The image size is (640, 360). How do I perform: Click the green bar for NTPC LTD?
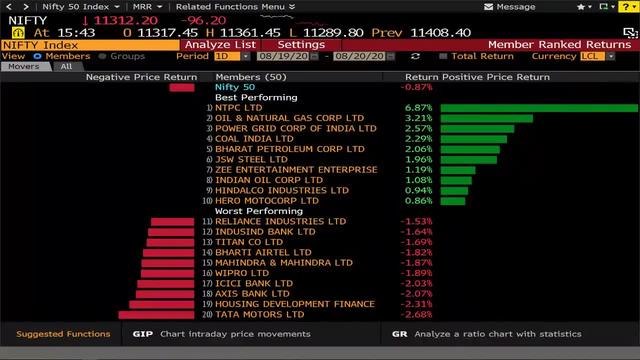(538, 108)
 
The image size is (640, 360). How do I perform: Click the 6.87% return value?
(416, 108)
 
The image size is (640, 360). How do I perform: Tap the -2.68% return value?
(416, 314)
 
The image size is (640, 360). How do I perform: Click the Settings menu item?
(301, 45)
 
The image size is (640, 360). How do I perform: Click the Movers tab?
(24, 67)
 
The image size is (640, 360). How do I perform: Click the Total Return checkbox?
(444, 56)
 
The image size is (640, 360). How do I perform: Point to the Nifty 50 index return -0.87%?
(416, 87)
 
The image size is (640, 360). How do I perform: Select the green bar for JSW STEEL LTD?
(469, 159)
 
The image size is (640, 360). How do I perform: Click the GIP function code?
(142, 334)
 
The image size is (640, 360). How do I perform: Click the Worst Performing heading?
(253, 211)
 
